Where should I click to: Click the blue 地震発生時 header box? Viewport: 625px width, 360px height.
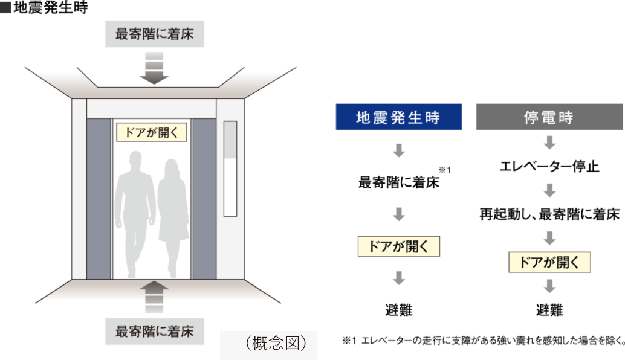click(x=398, y=117)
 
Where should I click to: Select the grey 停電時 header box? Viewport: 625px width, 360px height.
click(x=549, y=117)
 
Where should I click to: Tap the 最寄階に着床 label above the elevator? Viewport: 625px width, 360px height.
click(x=155, y=34)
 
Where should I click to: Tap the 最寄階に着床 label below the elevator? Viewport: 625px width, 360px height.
click(x=155, y=331)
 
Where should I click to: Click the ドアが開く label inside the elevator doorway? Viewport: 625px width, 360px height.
click(x=152, y=132)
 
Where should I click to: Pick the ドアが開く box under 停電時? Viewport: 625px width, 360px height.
click(x=549, y=262)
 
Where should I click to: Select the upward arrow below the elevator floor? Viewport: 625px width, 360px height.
click(x=154, y=295)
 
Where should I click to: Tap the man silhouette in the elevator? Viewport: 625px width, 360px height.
click(x=135, y=211)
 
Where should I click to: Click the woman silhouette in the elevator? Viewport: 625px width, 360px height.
click(x=172, y=214)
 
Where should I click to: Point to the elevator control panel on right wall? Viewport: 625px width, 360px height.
click(x=230, y=169)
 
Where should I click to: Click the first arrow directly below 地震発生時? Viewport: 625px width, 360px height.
click(x=398, y=150)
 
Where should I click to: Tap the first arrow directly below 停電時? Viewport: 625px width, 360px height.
click(x=549, y=143)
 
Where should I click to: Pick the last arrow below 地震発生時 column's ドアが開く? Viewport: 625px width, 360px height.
click(x=398, y=278)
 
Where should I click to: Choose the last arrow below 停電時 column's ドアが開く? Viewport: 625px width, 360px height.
click(x=549, y=286)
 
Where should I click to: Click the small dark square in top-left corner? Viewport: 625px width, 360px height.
click(x=6, y=8)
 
